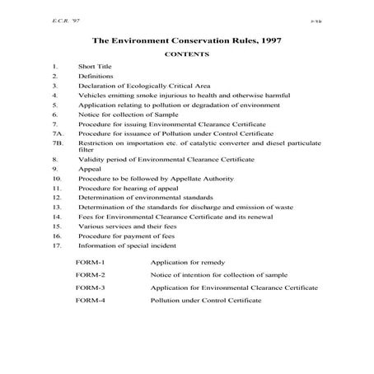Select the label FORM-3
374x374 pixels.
pyautogui.click(x=90, y=288)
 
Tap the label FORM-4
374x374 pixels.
pyautogui.click(x=90, y=302)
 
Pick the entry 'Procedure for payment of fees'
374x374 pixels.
pyautogui.click(x=121, y=236)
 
